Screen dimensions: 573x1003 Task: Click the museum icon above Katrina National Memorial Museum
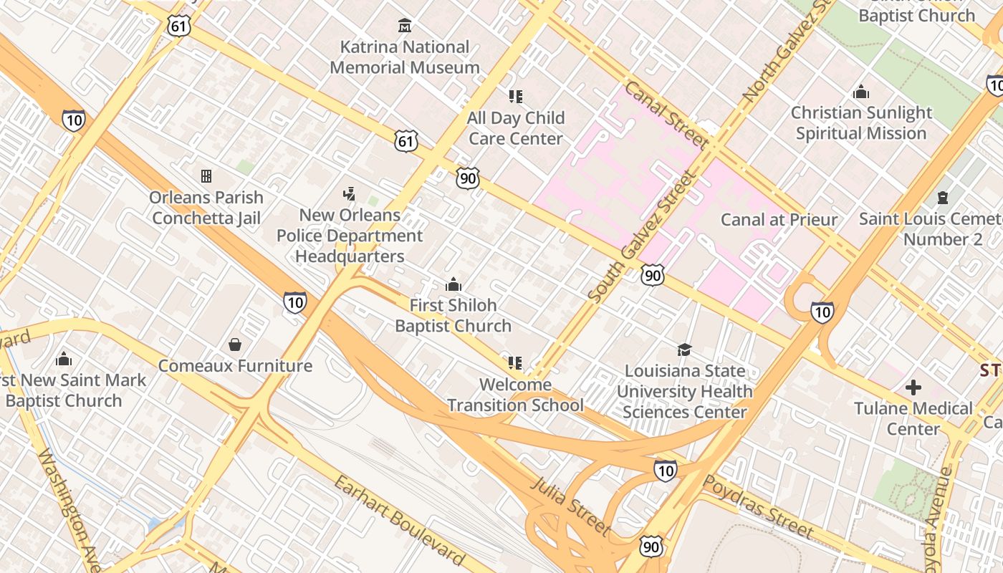[x=405, y=26]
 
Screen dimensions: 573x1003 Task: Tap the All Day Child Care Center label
[x=516, y=127]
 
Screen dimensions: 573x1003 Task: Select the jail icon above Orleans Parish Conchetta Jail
[x=206, y=176]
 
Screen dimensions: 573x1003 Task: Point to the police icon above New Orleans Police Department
[x=350, y=193]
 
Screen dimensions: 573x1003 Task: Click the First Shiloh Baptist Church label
[x=453, y=315]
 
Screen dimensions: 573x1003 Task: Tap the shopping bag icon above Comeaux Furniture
[x=235, y=345]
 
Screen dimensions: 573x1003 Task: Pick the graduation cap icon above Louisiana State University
[x=685, y=350]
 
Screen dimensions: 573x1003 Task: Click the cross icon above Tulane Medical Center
[x=913, y=387]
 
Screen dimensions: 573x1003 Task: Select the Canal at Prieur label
[x=779, y=219]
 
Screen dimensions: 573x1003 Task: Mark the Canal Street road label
[x=666, y=115]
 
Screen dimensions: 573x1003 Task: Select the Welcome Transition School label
[x=516, y=395]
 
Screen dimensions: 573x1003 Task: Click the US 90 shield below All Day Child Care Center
[x=467, y=178]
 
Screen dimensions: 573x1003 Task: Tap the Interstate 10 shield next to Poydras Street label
[x=666, y=471]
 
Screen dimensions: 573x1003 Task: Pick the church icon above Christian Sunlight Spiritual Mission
[x=861, y=92]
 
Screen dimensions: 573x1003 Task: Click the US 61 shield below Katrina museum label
[x=405, y=141]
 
